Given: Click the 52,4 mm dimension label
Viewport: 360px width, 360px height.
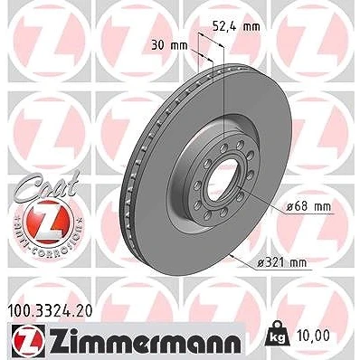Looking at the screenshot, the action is click(x=236, y=26).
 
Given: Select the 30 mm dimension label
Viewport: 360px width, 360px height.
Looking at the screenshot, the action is click(x=169, y=46).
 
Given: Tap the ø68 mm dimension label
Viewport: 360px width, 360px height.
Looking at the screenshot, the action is click(x=308, y=207).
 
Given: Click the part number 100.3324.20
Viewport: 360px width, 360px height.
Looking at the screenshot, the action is click(x=50, y=311).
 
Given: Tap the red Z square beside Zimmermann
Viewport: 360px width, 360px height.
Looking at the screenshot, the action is click(x=29, y=340).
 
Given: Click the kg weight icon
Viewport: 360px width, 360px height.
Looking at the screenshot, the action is click(x=278, y=334).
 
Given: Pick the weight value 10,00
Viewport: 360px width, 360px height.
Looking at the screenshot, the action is click(x=313, y=336).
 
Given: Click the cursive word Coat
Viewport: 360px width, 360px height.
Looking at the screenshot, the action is click(x=48, y=185).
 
